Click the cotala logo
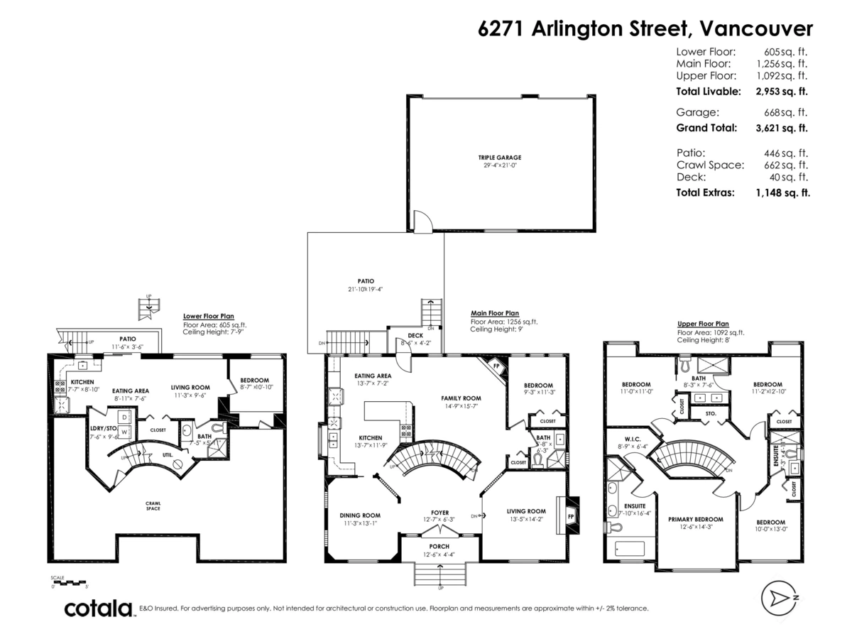(98, 608)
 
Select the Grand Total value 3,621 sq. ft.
(782, 129)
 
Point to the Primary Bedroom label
(695, 518)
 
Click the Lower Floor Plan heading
(208, 317)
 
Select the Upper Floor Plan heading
(702, 324)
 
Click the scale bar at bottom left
(68, 582)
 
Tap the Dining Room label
(361, 515)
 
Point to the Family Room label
(461, 398)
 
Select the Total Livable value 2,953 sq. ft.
(782, 92)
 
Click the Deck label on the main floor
(415, 337)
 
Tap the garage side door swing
(422, 222)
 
